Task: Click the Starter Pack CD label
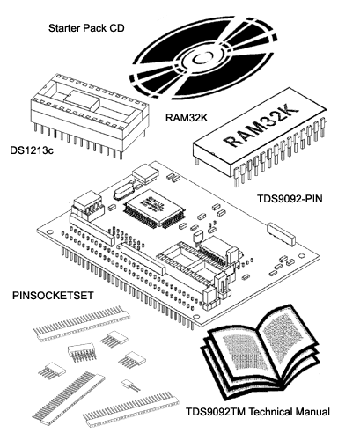pos(86,28)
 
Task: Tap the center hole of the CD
pos(202,58)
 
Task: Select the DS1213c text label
pos(32,150)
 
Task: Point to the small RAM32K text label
pos(187,118)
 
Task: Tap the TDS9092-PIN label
pos(290,199)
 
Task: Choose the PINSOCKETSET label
pos(53,296)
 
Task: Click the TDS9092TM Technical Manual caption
pos(258,412)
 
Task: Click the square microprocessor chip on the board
pos(155,209)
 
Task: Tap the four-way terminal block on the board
pos(87,206)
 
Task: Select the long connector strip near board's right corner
pos(281,233)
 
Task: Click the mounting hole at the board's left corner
pos(50,231)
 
